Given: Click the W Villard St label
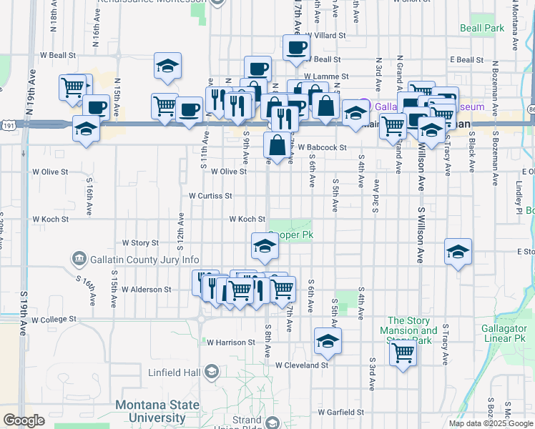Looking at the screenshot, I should pyautogui.click(x=325, y=34).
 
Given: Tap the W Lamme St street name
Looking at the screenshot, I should pyautogui.click(x=325, y=76).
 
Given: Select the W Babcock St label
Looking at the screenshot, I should pyautogui.click(x=322, y=148).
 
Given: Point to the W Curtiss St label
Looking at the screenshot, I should pyautogui.click(x=210, y=195).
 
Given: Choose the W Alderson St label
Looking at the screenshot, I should pyautogui.click(x=147, y=290).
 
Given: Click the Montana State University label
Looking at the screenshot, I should pyautogui.click(x=149, y=411).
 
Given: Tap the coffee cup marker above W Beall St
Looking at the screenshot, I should pyautogui.click(x=295, y=48).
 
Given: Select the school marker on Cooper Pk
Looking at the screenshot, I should pyautogui.click(x=264, y=246).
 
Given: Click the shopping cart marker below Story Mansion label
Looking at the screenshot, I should pyautogui.click(x=403, y=352).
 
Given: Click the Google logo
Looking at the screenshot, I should pyautogui.click(x=24, y=420).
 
